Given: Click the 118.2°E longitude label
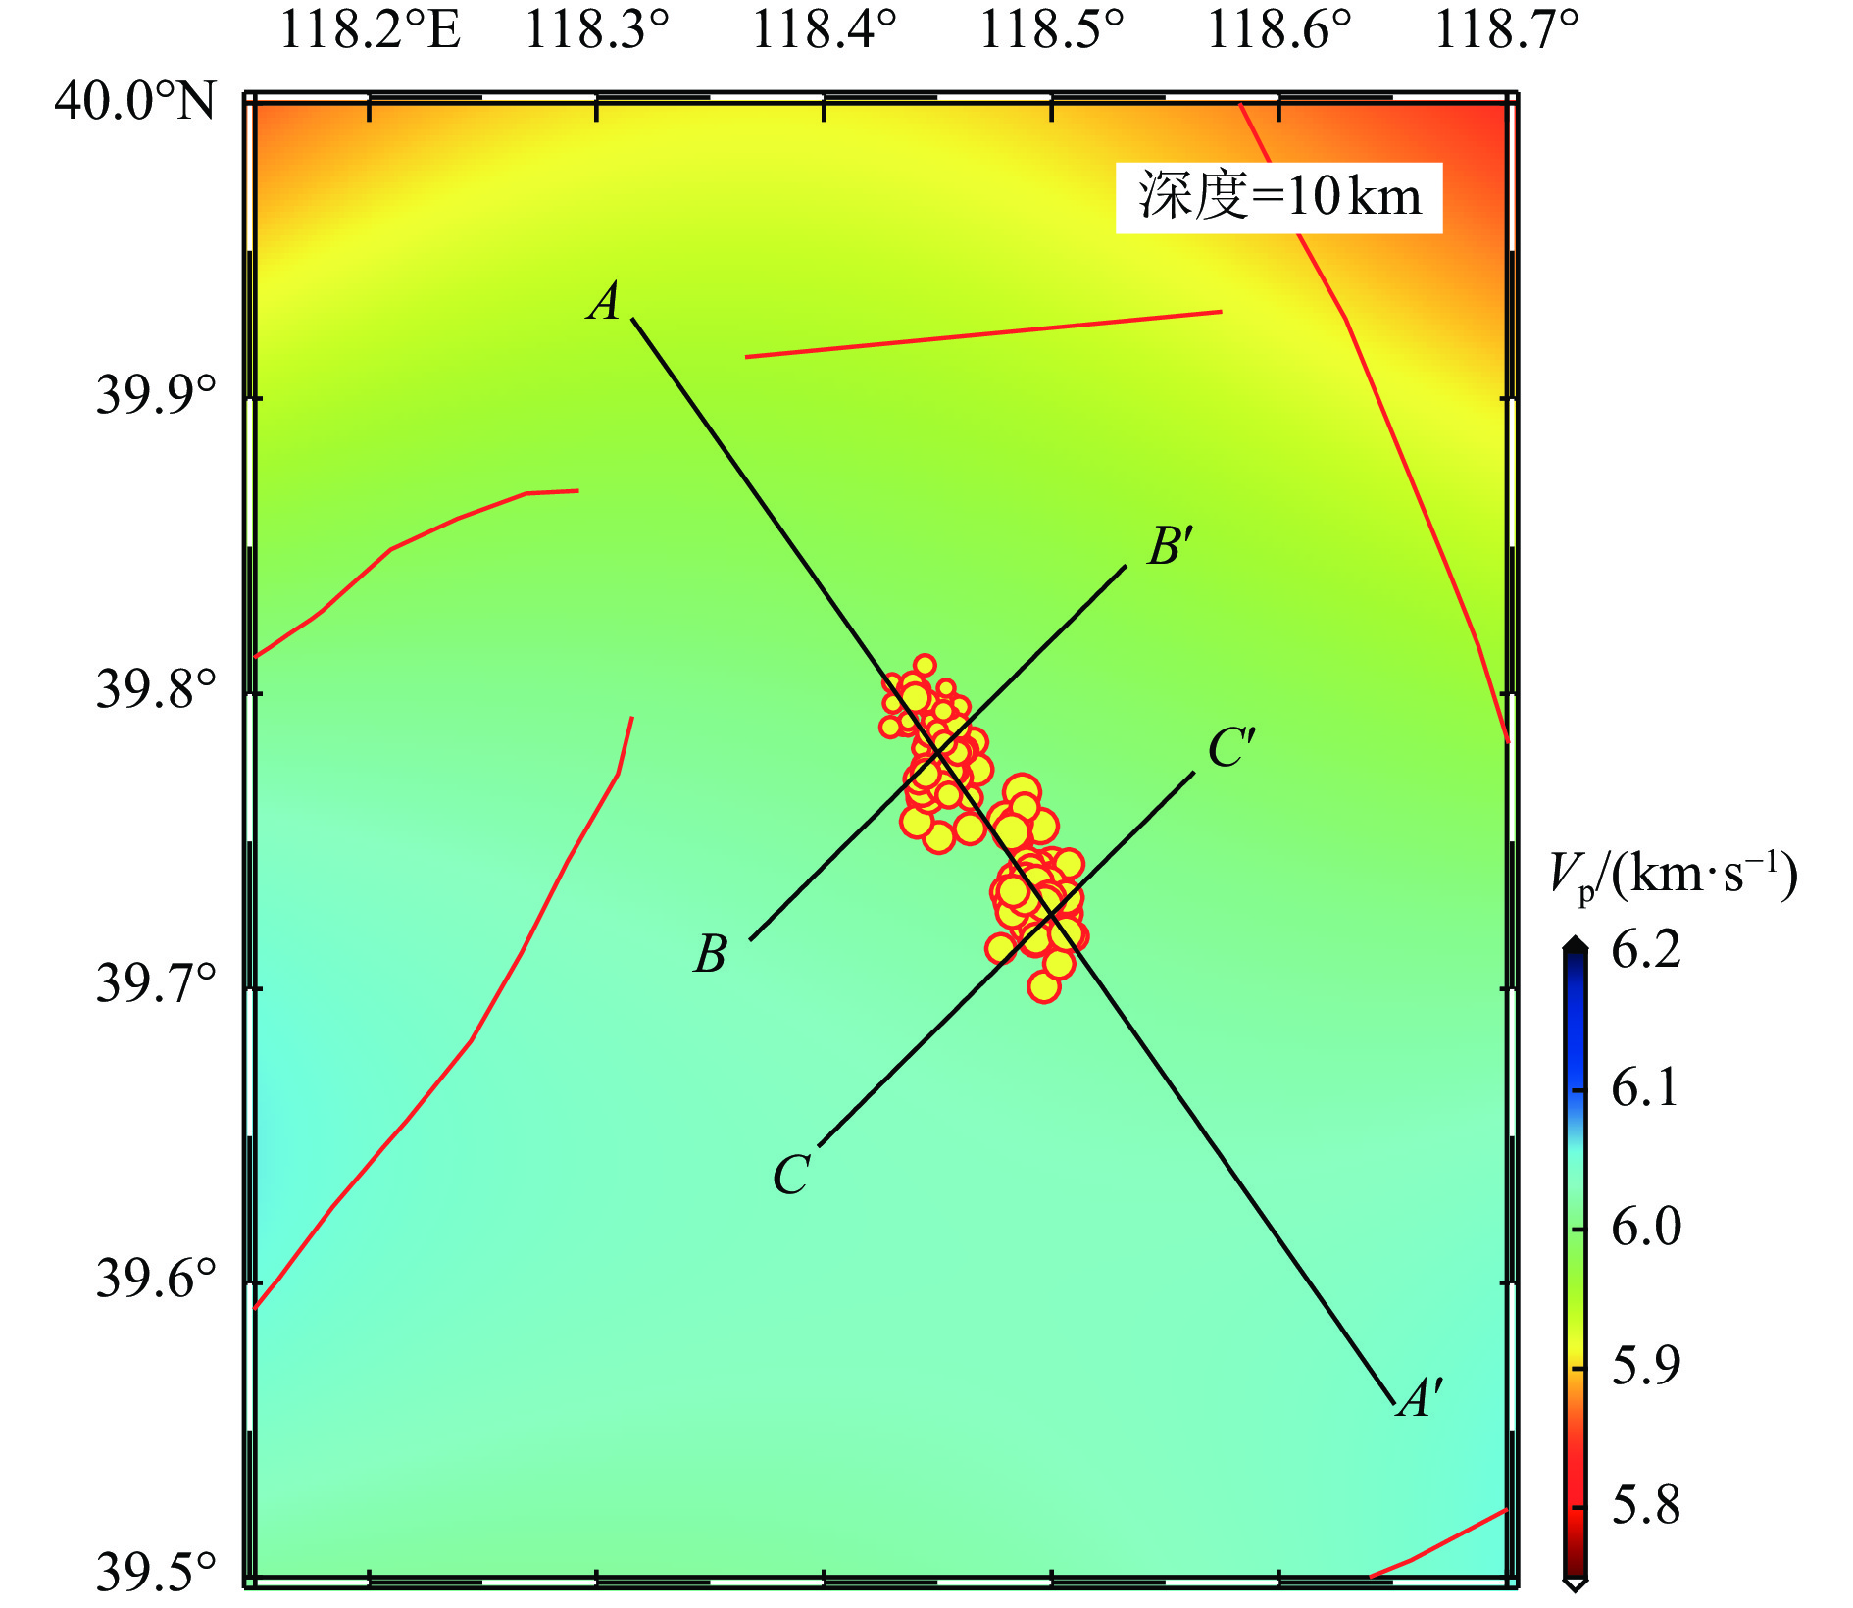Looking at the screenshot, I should (370, 29).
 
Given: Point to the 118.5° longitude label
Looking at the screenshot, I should (1051, 29).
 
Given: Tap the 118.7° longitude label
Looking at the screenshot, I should (1507, 29).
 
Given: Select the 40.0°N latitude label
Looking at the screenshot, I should (134, 100).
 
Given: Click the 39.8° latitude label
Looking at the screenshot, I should (155, 689).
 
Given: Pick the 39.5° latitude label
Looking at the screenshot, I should (155, 1573).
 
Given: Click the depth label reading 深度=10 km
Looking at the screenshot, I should (1278, 197).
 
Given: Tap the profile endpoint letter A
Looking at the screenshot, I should (605, 301).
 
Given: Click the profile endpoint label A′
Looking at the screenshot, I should (1421, 1398).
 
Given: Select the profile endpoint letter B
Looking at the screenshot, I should (711, 954).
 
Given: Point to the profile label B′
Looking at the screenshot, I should (1171, 546).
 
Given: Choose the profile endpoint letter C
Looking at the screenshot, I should (791, 1174).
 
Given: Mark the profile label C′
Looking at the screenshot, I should (1230, 749).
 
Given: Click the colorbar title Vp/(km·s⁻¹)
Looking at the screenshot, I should (1673, 875).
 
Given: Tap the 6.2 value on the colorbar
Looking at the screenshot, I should (1645, 949).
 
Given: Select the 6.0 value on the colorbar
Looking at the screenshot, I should (1645, 1227).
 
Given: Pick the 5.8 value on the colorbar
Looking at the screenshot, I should (1645, 1504).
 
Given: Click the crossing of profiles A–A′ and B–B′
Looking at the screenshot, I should (938, 752).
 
